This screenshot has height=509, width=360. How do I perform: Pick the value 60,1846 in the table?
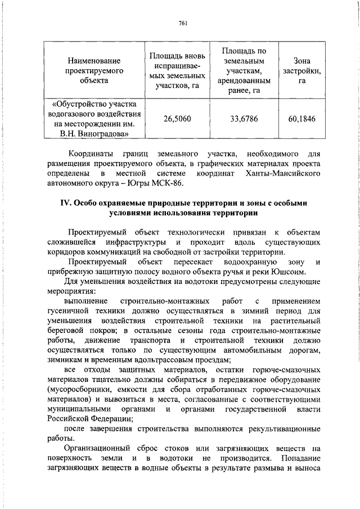(x=301, y=119)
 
